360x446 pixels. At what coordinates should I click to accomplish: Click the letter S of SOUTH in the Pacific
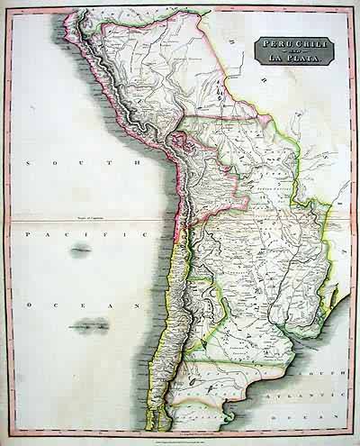pos(30,163)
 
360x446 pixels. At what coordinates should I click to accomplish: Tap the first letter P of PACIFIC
pos(29,233)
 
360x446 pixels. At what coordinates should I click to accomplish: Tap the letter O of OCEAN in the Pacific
pos(30,306)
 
